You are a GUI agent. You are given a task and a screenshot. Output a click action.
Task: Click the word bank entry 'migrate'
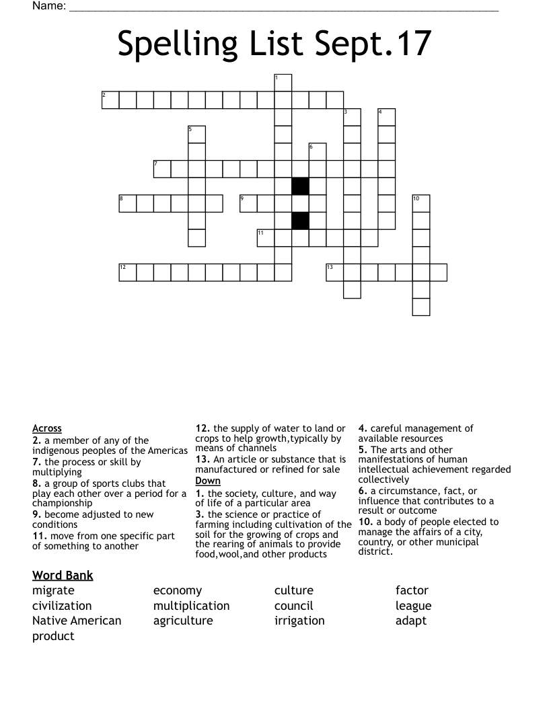tap(53, 591)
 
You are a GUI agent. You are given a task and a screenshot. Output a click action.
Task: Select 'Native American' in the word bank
tap(77, 621)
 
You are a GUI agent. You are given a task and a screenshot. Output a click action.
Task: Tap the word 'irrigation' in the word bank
tap(299, 621)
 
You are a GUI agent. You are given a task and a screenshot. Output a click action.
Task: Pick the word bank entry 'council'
tap(294, 606)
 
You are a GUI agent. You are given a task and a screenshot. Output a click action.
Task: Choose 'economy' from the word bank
tap(178, 591)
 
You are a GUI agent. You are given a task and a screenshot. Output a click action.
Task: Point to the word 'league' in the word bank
tap(414, 606)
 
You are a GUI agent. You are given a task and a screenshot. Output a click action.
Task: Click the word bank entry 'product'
tap(53, 637)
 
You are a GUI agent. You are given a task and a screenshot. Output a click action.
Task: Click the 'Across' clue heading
tap(47, 428)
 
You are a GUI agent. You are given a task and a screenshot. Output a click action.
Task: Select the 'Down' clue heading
tap(208, 481)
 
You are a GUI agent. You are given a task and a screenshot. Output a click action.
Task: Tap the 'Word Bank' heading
tap(63, 576)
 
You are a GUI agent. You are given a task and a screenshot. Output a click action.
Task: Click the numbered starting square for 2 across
tap(110, 100)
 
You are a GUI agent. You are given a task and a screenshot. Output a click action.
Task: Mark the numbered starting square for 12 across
tap(128, 272)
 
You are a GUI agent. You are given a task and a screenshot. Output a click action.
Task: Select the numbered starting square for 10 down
tap(420, 203)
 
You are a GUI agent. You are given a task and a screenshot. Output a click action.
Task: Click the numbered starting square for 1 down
tap(283, 83)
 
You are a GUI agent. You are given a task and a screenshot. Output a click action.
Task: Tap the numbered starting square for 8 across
tap(128, 203)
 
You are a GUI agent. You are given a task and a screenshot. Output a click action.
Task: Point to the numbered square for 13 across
tap(334, 272)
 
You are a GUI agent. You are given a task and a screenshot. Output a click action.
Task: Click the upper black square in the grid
tap(300, 186)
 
